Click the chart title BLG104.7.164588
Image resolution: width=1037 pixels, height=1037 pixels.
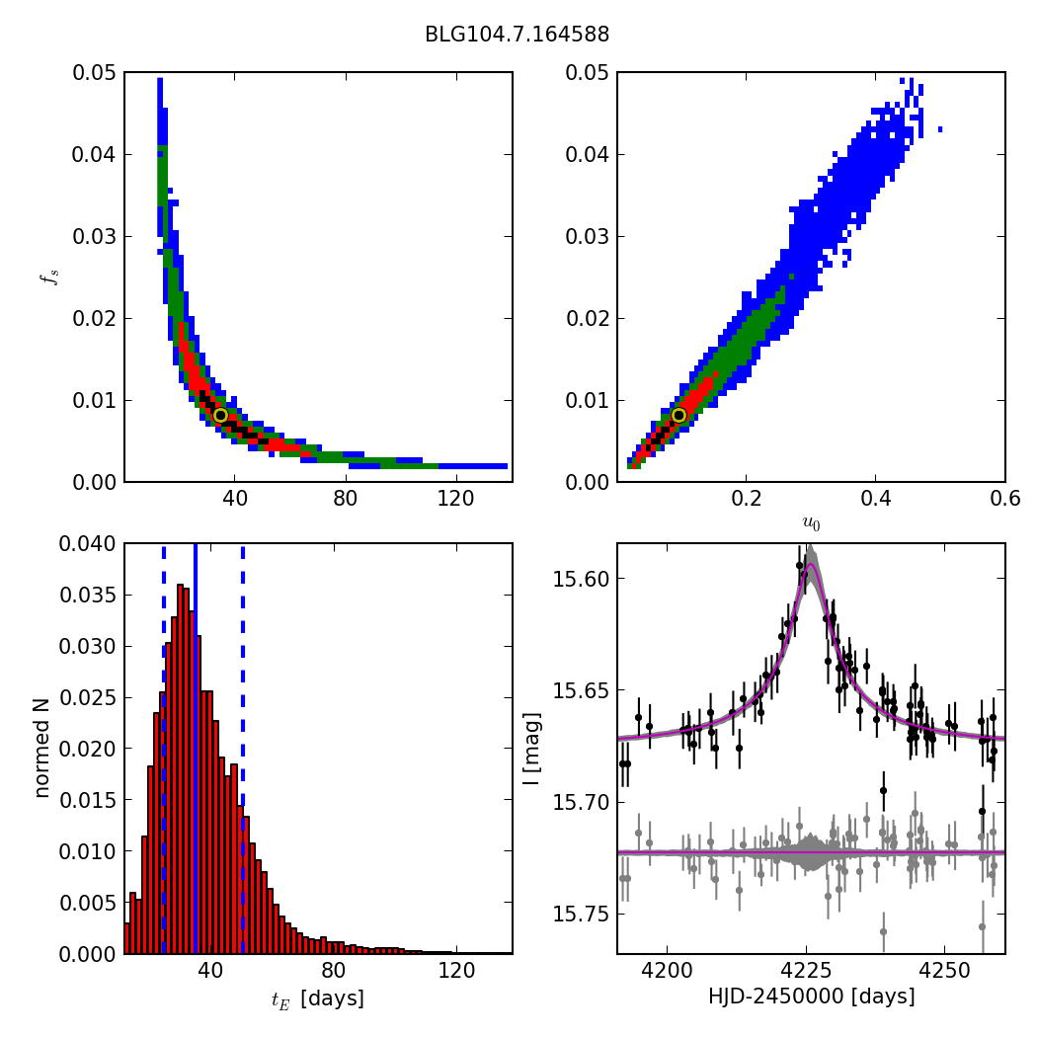click(517, 35)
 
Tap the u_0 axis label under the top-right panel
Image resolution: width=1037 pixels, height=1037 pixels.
click(811, 523)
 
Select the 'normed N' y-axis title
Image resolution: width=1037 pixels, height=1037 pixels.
click(42, 748)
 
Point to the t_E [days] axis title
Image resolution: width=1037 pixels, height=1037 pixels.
click(318, 998)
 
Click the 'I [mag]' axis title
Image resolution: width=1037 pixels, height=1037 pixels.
click(530, 748)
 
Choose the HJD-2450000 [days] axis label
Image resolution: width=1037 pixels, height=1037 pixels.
click(811, 997)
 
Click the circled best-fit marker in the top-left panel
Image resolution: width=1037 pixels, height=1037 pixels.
click(220, 416)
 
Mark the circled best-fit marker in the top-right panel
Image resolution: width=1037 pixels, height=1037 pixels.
click(678, 416)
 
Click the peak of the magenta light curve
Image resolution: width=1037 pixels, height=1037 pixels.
click(810, 565)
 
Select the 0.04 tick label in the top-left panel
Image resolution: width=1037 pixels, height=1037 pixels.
click(89, 154)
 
